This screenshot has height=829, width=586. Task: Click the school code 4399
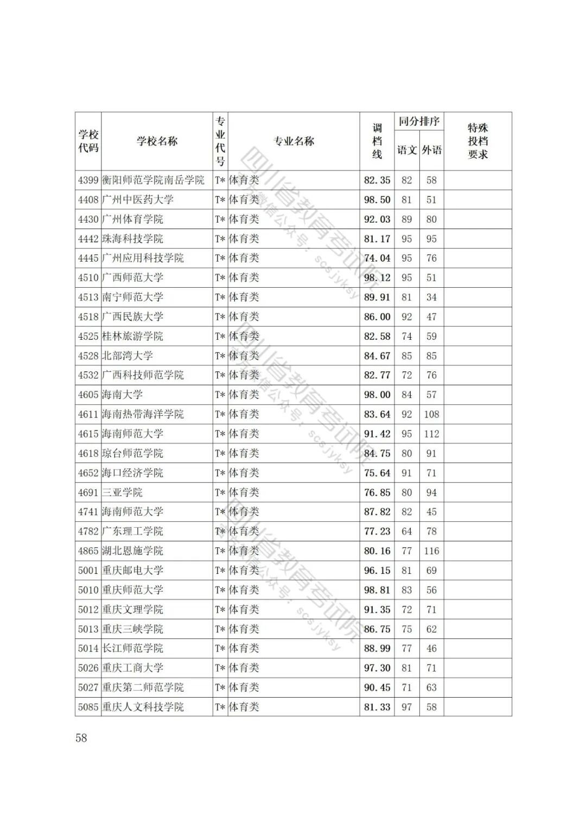88,180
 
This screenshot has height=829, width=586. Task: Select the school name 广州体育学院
132,219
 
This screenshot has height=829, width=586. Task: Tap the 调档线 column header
377,141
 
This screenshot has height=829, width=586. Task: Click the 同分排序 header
419,121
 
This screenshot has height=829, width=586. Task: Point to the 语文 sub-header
406,150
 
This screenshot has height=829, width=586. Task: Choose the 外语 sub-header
431,150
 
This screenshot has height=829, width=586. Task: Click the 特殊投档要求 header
477,141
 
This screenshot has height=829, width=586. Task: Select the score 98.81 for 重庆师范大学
377,590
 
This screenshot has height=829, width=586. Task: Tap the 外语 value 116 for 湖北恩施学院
431,551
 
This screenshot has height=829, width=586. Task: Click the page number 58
81,738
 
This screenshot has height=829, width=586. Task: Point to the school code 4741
88,512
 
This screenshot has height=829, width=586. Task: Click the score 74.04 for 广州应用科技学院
377,258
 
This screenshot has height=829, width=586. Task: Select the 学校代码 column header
88,141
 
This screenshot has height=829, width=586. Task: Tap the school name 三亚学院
123,492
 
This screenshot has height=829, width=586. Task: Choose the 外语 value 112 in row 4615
431,434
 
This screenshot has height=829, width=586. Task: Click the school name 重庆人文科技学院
143,707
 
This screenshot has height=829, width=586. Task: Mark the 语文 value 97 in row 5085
406,707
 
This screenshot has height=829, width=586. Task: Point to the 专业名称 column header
294,141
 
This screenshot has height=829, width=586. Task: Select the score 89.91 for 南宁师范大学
377,298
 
